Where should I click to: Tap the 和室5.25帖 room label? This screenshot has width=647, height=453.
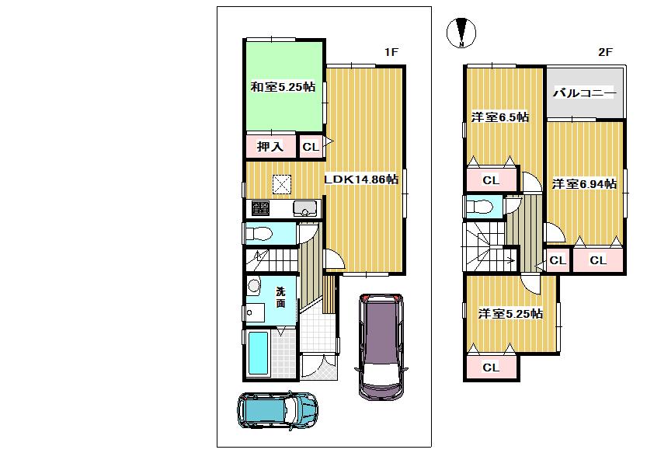pyautogui.click(x=282, y=87)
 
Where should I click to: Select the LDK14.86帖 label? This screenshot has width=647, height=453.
pyautogui.click(x=361, y=179)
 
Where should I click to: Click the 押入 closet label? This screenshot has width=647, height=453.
pyautogui.click(x=270, y=147)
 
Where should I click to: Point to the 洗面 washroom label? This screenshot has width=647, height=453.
pyautogui.click(x=280, y=298)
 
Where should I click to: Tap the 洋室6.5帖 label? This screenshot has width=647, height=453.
pyautogui.click(x=500, y=117)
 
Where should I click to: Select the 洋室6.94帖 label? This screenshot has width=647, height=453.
pyautogui.click(x=584, y=184)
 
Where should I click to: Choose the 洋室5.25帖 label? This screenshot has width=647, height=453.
pyautogui.click(x=510, y=314)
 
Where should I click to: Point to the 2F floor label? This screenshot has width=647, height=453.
pyautogui.click(x=605, y=52)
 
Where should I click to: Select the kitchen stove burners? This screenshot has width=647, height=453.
pyautogui.click(x=260, y=208)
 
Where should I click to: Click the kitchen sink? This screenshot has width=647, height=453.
pyautogui.click(x=304, y=208)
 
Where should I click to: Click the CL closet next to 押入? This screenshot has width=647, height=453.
pyautogui.click(x=310, y=147)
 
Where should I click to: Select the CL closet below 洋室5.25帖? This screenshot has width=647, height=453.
pyautogui.click(x=490, y=368)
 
